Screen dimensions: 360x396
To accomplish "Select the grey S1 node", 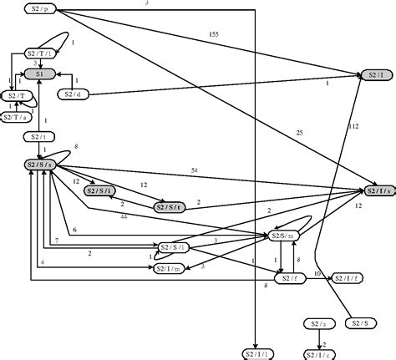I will [40, 74].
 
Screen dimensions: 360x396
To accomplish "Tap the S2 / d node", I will [73, 94].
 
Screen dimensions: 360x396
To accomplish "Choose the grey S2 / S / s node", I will [40, 165].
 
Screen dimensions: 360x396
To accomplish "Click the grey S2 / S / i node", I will [100, 191].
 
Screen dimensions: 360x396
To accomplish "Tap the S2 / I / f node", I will [347, 277].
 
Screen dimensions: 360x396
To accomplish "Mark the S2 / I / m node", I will [168, 268].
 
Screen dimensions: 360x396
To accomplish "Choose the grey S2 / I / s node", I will [378, 191].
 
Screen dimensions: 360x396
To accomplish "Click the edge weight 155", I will [213, 35].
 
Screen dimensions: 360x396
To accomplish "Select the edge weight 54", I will [194, 170].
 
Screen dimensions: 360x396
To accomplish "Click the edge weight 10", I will [317, 273].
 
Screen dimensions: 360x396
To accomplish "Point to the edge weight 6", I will [74, 230].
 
